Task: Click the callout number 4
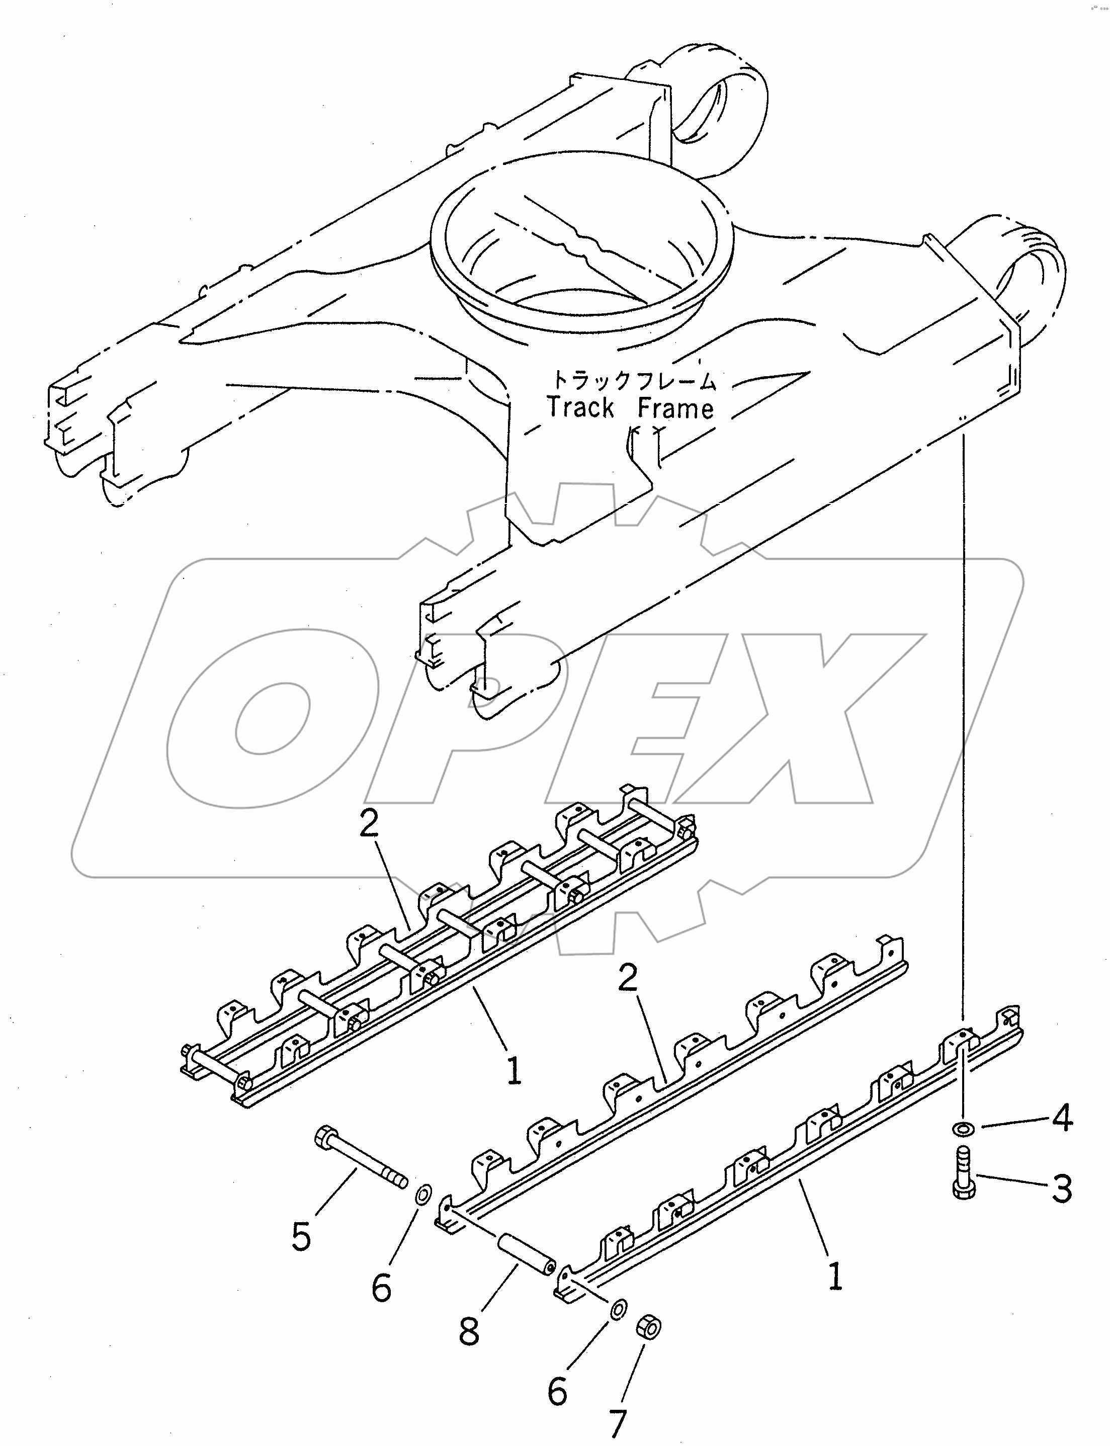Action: coord(1062,1119)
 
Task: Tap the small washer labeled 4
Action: coord(963,1128)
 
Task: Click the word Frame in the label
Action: coord(675,408)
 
